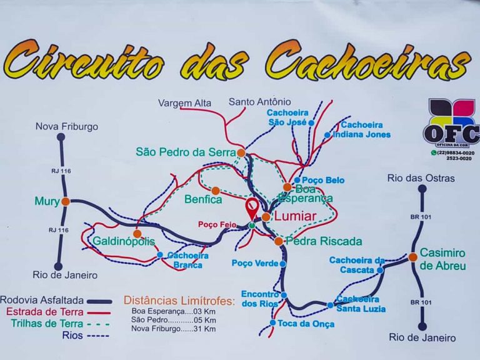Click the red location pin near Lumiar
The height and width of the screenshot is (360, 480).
click(252, 207)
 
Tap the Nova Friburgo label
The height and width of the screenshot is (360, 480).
click(66, 126)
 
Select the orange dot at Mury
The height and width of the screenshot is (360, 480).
click(66, 201)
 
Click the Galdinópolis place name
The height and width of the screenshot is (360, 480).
click(124, 241)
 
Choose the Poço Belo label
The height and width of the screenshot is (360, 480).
click(323, 180)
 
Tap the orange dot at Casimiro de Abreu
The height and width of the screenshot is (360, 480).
click(412, 257)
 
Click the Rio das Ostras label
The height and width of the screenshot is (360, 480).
click(421, 178)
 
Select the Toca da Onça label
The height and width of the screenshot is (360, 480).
click(306, 324)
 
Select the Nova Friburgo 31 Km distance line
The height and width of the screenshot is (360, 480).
click(174, 329)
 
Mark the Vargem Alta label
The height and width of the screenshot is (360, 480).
click(184, 102)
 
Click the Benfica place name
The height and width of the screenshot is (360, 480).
click(203, 200)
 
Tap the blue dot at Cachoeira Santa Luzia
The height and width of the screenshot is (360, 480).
click(330, 305)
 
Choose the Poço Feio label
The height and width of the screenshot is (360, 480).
click(216, 224)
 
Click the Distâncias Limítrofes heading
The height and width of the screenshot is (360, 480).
click(180, 301)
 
